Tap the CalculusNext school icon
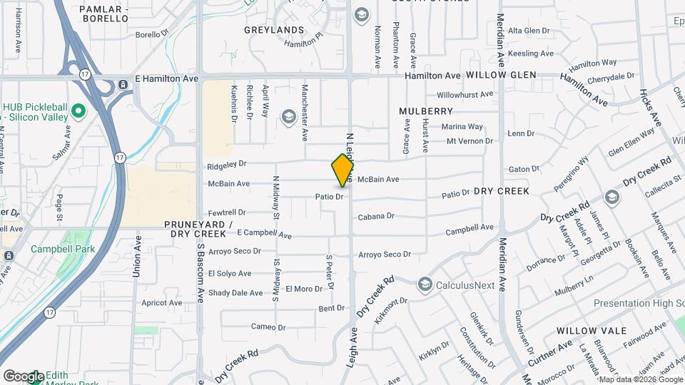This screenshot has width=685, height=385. pyautogui.click(x=425, y=285)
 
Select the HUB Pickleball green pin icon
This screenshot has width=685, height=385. pyautogui.click(x=78, y=112)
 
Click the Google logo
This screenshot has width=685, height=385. pyautogui.click(x=24, y=376)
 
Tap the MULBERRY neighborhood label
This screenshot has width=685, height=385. pyautogui.click(x=426, y=111)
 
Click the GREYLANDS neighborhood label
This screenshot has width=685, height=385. pyautogui.click(x=274, y=31)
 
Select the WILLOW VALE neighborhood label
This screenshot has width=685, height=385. pyautogui.click(x=592, y=331)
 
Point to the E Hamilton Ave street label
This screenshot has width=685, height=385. pyautogui.click(x=166, y=78)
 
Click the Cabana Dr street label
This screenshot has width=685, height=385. pyautogui.click(x=376, y=217)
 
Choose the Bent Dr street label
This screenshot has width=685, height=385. pyautogui.click(x=332, y=308)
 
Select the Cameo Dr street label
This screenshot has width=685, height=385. pyautogui.click(x=268, y=327)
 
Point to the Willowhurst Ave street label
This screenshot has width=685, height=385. pyautogui.click(x=465, y=94)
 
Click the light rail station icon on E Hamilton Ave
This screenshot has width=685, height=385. pyautogui.click(x=124, y=85)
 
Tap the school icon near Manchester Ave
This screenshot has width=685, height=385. pyautogui.click(x=288, y=116)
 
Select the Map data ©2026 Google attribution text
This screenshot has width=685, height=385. pyautogui.click(x=641, y=379)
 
